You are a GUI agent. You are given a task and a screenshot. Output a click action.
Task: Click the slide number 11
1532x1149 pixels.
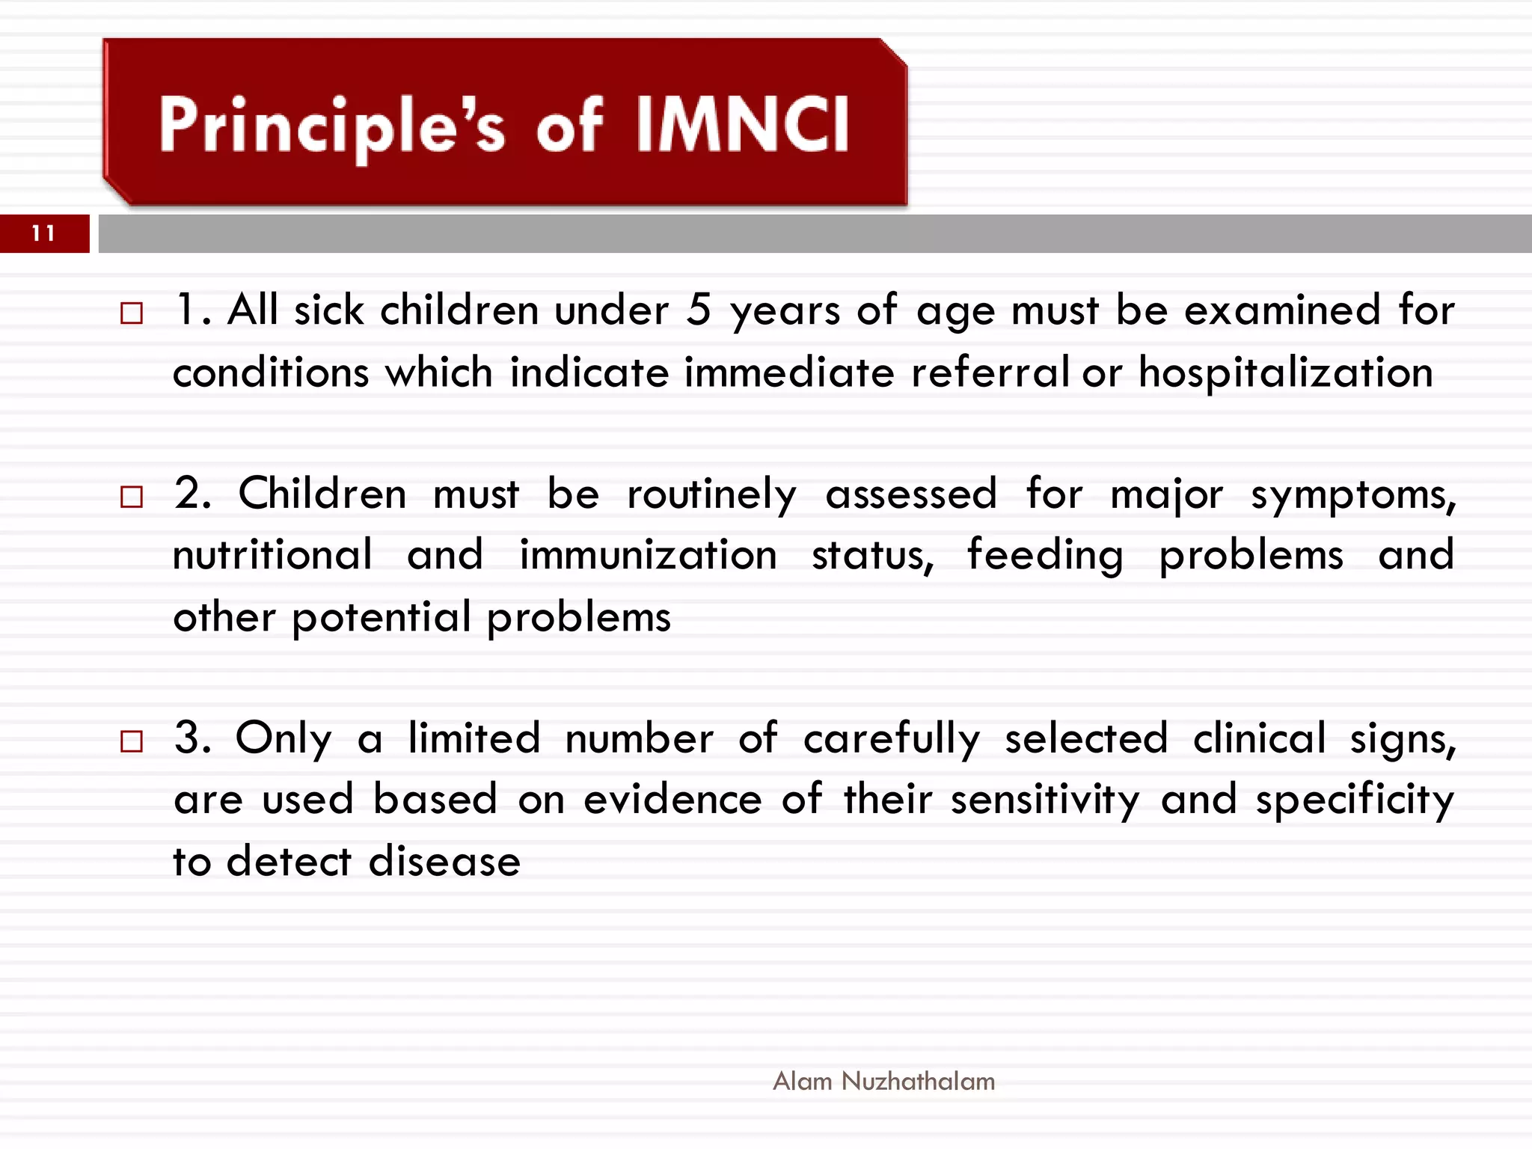(43, 233)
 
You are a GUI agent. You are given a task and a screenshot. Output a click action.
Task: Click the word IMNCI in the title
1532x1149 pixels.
(743, 125)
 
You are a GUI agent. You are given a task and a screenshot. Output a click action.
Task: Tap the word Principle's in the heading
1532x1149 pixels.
(331, 126)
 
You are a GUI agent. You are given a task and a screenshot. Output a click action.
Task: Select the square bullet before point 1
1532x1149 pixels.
(132, 313)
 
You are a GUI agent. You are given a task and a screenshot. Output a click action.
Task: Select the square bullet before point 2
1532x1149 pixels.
(132, 497)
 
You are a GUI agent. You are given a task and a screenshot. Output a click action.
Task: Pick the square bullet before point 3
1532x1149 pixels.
(132, 741)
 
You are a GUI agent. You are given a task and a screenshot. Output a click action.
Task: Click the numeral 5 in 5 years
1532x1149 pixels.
(699, 310)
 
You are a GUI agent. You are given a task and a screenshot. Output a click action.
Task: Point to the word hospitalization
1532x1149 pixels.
(1285, 373)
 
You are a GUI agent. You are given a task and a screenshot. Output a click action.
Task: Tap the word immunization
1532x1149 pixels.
(648, 556)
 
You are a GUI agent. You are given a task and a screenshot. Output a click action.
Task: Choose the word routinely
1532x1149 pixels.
(711, 495)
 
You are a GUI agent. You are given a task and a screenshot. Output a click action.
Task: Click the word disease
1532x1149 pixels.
(444, 862)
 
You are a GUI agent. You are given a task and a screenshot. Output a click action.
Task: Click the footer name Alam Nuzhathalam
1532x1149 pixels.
(883, 1081)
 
